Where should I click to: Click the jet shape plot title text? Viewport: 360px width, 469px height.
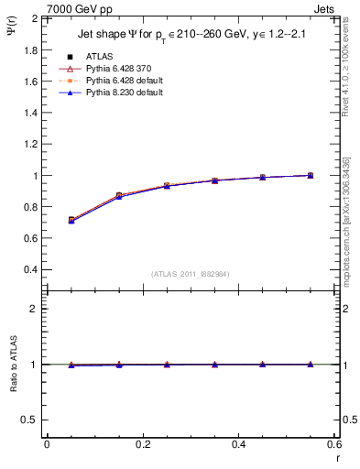coord(191,36)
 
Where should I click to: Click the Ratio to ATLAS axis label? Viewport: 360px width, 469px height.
coord(15,364)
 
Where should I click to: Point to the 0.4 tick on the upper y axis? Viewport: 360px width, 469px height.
coord(30,270)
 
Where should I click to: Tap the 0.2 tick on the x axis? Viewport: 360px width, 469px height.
coord(142,444)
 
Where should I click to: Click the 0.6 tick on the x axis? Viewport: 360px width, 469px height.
coord(333,444)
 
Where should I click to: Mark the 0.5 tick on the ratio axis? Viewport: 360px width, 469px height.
coord(30,420)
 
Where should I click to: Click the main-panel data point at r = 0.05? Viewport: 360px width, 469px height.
coord(71,220)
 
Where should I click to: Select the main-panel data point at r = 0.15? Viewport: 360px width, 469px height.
coord(119,196)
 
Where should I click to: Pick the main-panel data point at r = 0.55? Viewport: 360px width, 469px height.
coord(310,175)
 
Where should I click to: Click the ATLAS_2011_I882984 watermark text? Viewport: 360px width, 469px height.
coord(191,274)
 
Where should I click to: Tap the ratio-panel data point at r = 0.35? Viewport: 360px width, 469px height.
coord(214,365)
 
